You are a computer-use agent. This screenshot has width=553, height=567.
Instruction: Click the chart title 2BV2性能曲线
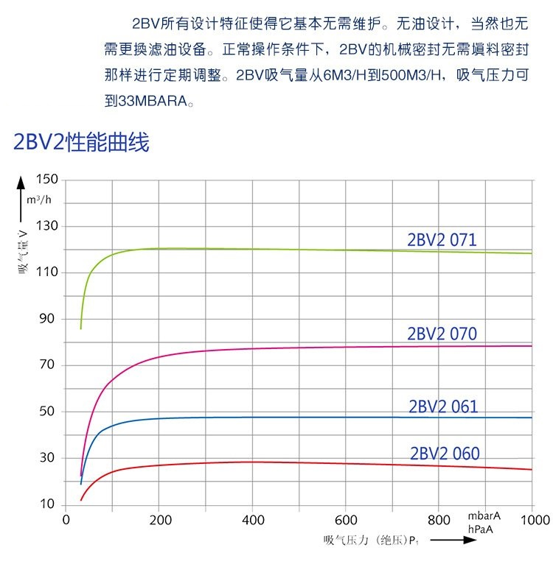(81, 142)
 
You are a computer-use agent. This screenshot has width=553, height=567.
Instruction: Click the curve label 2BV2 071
(442, 240)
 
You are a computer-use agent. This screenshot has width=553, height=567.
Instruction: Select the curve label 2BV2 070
(442, 334)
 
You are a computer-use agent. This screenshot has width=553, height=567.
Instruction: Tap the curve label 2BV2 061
(443, 406)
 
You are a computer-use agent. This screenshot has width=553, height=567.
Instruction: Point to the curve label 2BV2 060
(445, 453)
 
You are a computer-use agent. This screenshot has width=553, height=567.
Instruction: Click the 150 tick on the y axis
(46, 180)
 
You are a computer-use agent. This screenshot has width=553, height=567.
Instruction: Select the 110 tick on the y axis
(46, 272)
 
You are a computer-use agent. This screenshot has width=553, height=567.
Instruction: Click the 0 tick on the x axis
(66, 520)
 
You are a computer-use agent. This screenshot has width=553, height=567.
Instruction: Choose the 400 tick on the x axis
(252, 520)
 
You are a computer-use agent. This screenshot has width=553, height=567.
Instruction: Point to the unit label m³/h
(39, 200)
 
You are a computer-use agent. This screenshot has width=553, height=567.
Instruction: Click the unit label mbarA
(484, 515)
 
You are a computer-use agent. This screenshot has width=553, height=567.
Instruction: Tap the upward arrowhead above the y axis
(21, 182)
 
